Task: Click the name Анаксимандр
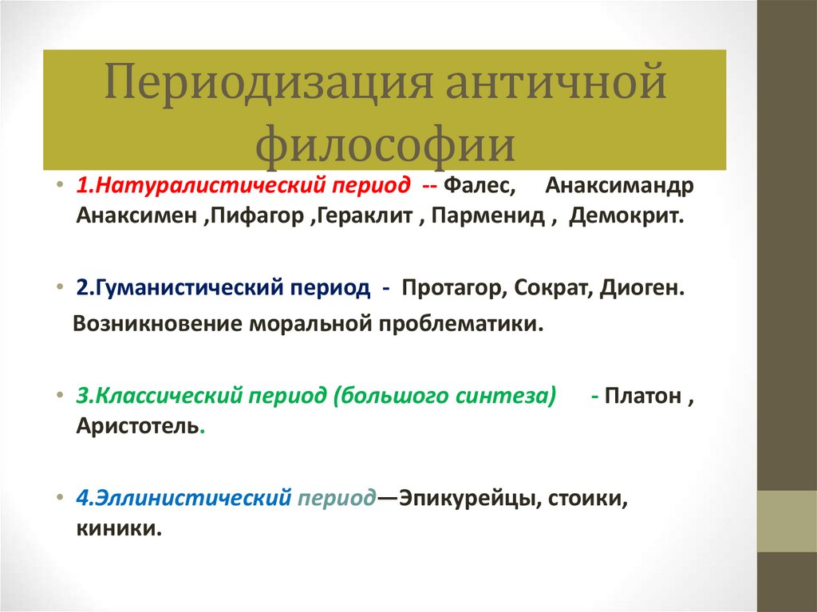coord(619,186)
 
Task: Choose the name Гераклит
coord(364,217)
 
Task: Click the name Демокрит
coord(627,217)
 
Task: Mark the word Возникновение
coord(156,324)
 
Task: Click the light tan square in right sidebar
coord(787,521)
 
